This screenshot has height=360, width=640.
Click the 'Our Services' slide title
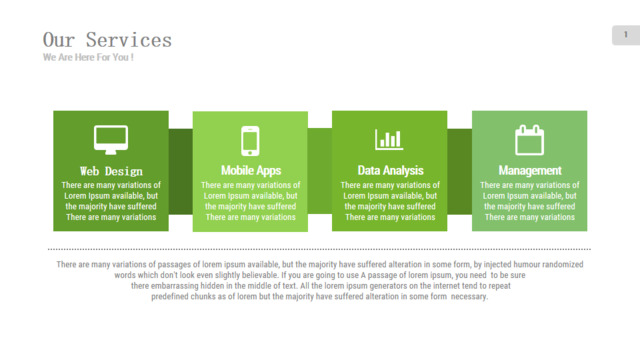107,40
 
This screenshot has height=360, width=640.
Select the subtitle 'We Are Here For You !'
88,58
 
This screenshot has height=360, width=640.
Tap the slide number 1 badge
626,35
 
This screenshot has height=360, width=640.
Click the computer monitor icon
111,140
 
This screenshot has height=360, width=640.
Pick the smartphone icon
250,141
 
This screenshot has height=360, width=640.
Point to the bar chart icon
389,139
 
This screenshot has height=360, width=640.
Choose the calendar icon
529,140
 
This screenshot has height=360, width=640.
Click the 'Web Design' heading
111,171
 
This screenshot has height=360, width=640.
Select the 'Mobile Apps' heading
251,171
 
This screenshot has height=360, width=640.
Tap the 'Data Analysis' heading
391,171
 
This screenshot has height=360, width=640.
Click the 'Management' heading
530,171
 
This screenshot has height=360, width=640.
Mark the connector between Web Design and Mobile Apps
180,171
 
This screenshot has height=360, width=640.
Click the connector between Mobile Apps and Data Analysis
320,171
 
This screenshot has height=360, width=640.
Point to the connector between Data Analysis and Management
460,171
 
